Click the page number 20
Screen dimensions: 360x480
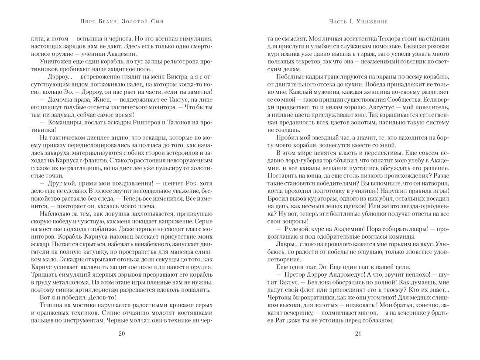point(121,334)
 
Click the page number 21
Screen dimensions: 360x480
point(359,334)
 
